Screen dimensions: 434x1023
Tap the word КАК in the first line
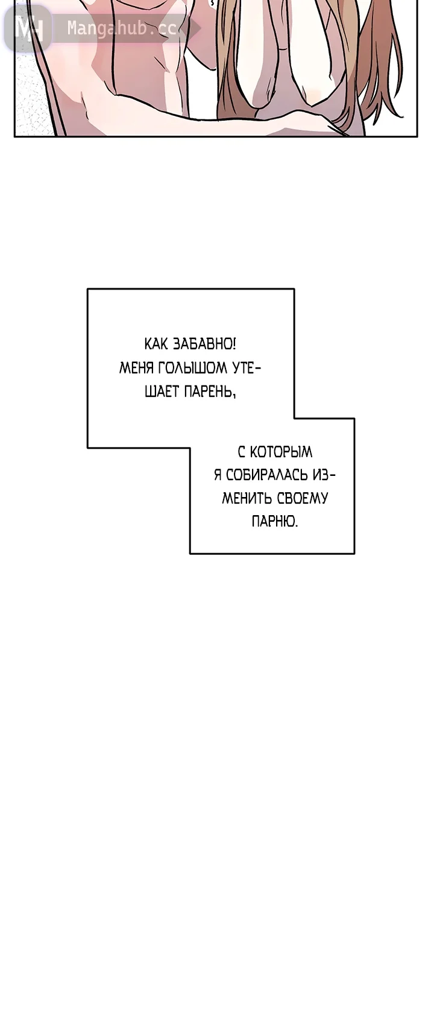[x=157, y=344]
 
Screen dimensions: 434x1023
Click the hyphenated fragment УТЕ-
[x=247, y=368]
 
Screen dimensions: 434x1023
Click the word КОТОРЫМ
[x=280, y=452]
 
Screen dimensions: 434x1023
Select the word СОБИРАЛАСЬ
[x=266, y=475]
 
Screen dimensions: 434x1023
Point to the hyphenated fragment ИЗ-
[x=323, y=475]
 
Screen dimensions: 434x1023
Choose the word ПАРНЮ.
[x=275, y=521]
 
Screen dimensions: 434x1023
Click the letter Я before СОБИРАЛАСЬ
[x=218, y=475]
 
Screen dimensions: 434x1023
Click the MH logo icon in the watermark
[x=29, y=28]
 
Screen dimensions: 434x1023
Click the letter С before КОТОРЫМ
[x=242, y=452]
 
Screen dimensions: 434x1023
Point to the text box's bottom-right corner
[x=354, y=554]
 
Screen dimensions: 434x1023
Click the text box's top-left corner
[x=87, y=289]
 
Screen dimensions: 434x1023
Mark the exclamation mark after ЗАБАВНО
[x=234, y=344]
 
